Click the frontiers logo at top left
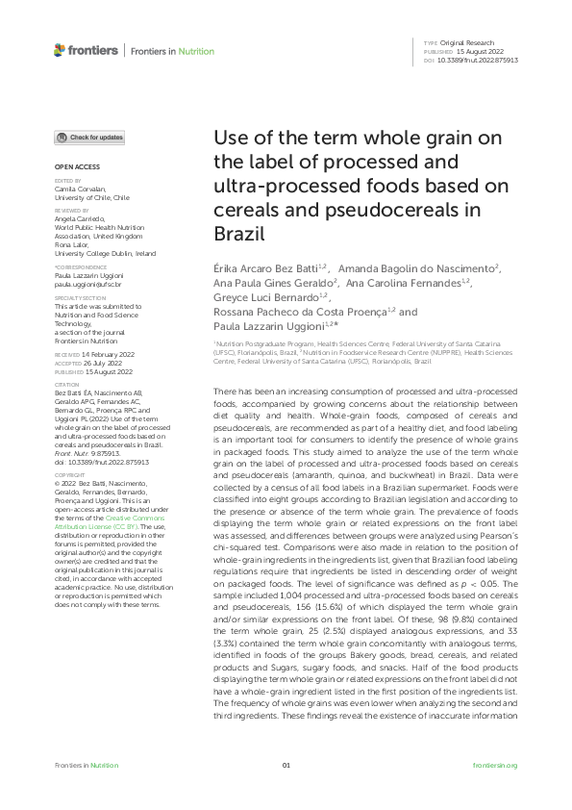click(x=87, y=50)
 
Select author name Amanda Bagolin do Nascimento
click(x=417, y=266)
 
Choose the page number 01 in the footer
click(x=286, y=765)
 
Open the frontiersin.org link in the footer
click(x=495, y=765)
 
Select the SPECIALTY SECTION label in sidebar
click(x=73, y=299)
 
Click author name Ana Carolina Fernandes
click(x=408, y=283)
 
